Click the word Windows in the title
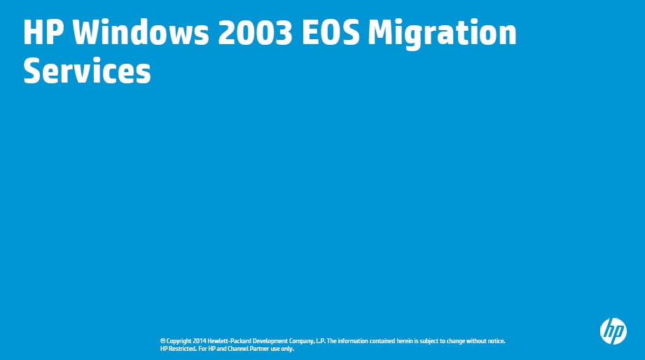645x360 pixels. click(x=141, y=32)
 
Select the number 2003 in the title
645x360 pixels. click(x=255, y=32)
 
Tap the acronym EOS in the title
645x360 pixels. click(x=331, y=32)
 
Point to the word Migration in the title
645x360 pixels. click(x=442, y=34)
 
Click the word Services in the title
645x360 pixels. click(x=88, y=71)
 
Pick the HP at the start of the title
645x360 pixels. click(x=43, y=32)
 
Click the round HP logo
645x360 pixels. click(x=613, y=331)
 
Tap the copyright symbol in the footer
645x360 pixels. click(x=163, y=341)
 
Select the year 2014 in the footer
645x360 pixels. click(x=200, y=341)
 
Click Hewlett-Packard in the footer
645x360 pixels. click(x=229, y=341)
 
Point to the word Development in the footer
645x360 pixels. click(x=270, y=342)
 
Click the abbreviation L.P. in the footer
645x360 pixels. click(x=321, y=341)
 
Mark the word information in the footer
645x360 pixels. click(x=353, y=341)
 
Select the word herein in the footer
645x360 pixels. click(x=405, y=341)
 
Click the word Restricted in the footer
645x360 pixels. click(x=183, y=349)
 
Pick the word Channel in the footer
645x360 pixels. click(x=238, y=349)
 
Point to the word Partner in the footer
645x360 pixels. click(x=259, y=349)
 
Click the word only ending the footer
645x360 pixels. click(x=288, y=349)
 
